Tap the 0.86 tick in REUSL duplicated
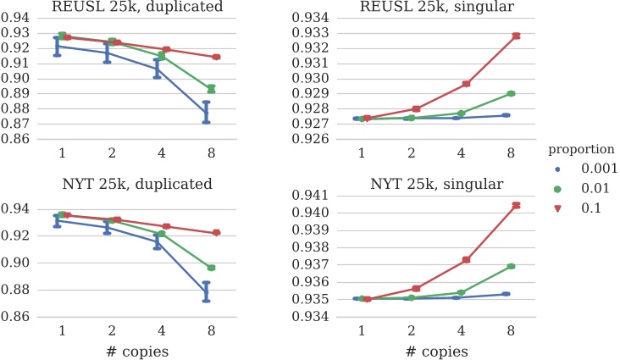pyautogui.click(x=17, y=139)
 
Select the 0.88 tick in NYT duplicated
pyautogui.click(x=17, y=290)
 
